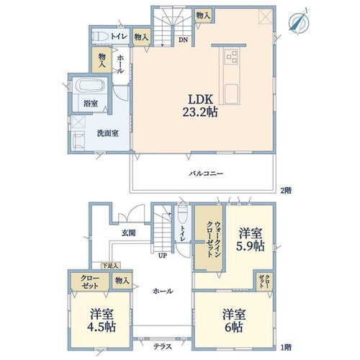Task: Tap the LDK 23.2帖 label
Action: [x=200, y=105]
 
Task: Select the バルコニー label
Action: [x=206, y=174]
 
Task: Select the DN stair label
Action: [x=183, y=40]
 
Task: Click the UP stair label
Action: [x=163, y=256]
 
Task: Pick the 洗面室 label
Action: [x=107, y=133]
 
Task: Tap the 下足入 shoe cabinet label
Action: [x=110, y=266]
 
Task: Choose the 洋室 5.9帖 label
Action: [x=251, y=239]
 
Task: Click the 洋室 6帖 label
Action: [x=234, y=320]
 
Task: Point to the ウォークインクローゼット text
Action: [x=213, y=239]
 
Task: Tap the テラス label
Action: [x=163, y=346]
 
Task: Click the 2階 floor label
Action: [x=286, y=191]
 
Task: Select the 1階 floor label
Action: [x=286, y=347]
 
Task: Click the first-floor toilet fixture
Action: [x=183, y=215]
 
